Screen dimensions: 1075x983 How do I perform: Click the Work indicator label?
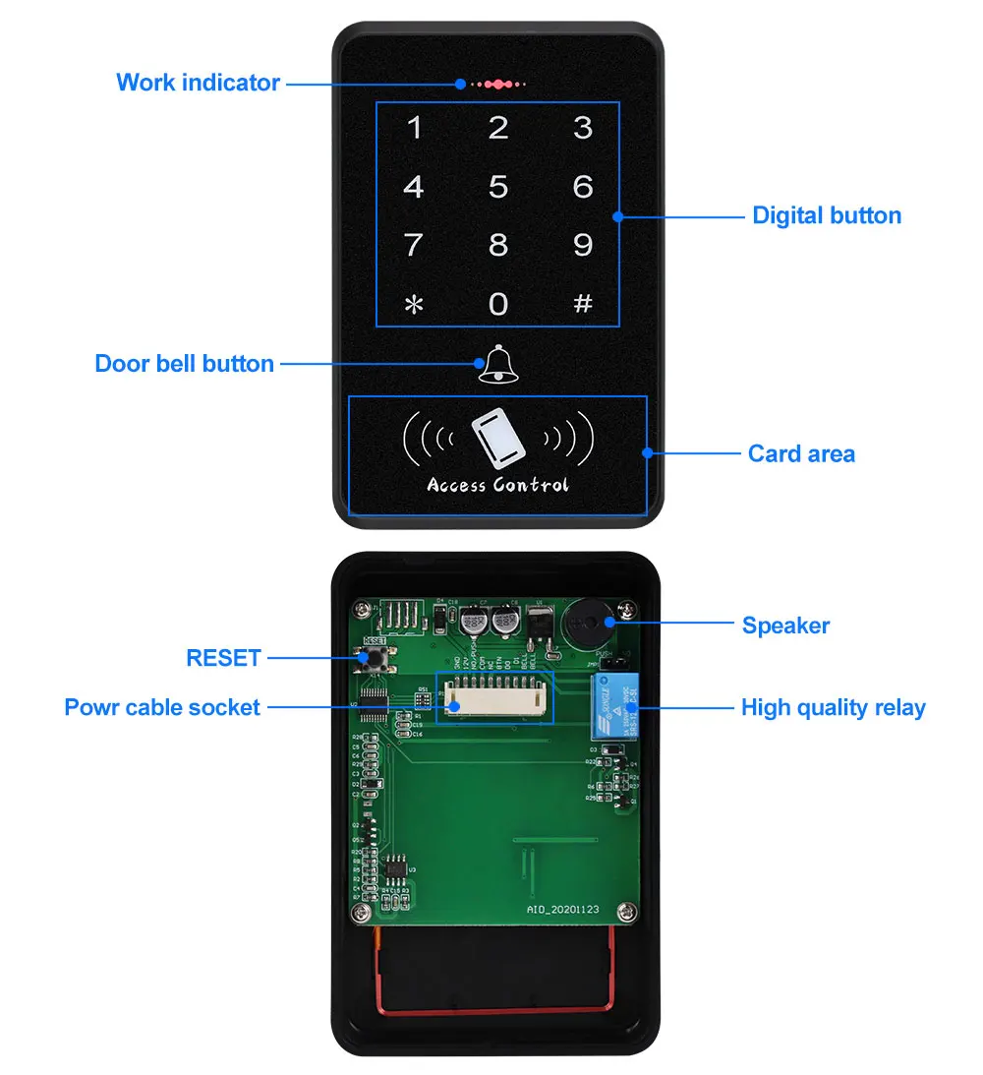pos(198,83)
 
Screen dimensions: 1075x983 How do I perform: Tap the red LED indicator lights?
pos(498,85)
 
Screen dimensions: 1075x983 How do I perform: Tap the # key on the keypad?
pos(583,304)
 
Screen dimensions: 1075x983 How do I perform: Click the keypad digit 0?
pos(498,304)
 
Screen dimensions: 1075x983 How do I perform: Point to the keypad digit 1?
pos(415,128)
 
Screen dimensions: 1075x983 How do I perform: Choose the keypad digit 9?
pos(583,244)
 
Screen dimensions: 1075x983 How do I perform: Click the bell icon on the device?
pos(496,364)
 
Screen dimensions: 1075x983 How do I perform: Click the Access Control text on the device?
pos(497,485)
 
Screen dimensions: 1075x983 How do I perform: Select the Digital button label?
pos(827,215)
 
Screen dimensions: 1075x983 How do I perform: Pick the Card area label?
pos(801,453)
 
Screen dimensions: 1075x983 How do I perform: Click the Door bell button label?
pos(184,364)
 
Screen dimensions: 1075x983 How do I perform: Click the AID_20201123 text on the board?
pos(562,910)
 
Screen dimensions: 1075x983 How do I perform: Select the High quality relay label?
pos(833,707)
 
